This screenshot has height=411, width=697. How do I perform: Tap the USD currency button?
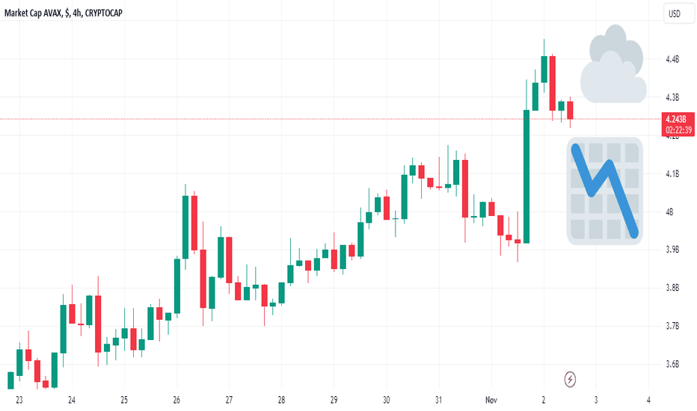coord(675,13)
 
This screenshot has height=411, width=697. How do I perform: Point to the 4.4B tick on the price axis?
coord(672,59)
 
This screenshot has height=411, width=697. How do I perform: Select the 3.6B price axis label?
coord(672,365)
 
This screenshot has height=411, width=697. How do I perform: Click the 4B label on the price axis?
coord(669,212)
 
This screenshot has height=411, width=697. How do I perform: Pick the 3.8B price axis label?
coord(672,288)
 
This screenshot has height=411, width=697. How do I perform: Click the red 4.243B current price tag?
coord(678,124)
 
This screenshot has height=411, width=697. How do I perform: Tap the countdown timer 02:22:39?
coord(678,130)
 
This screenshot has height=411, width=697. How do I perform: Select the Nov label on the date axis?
coord(491,400)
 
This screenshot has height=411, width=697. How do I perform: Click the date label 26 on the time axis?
coord(176,400)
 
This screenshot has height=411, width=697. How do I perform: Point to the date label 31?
coord(438,400)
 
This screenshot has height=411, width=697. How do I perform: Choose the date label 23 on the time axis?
coord(19,400)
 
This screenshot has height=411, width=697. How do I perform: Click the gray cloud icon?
coord(613,64)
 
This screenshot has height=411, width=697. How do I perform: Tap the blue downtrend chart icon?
coord(605,191)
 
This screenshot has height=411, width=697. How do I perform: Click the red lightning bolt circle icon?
coord(570,380)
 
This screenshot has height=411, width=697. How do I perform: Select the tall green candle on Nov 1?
coord(526,176)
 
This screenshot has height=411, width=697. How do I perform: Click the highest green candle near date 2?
coord(544,69)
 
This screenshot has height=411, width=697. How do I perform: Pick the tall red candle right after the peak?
coord(553,83)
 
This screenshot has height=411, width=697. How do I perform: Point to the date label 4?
coord(648,400)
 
